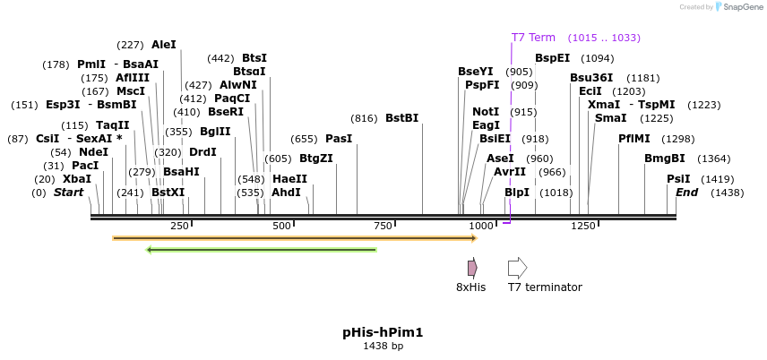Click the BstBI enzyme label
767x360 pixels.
point(401,118)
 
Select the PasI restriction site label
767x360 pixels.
point(339,139)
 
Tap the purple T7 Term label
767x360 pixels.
point(533,38)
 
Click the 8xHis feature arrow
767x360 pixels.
point(472,268)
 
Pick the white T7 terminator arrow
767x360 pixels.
point(517,268)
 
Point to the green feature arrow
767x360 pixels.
point(261,249)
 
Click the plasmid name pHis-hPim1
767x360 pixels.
point(383,332)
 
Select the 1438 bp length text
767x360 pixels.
point(383,346)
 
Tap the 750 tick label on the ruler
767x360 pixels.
point(383,226)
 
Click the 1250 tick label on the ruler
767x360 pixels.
point(583,226)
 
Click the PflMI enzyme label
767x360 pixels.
point(636,139)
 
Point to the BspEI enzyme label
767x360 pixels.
point(552,58)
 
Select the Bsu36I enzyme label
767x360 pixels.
point(591,78)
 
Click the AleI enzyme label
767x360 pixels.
point(164,45)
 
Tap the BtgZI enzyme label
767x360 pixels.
point(316,159)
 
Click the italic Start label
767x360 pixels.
point(68,193)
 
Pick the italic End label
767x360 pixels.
point(686,193)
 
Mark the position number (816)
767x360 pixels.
point(364,118)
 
